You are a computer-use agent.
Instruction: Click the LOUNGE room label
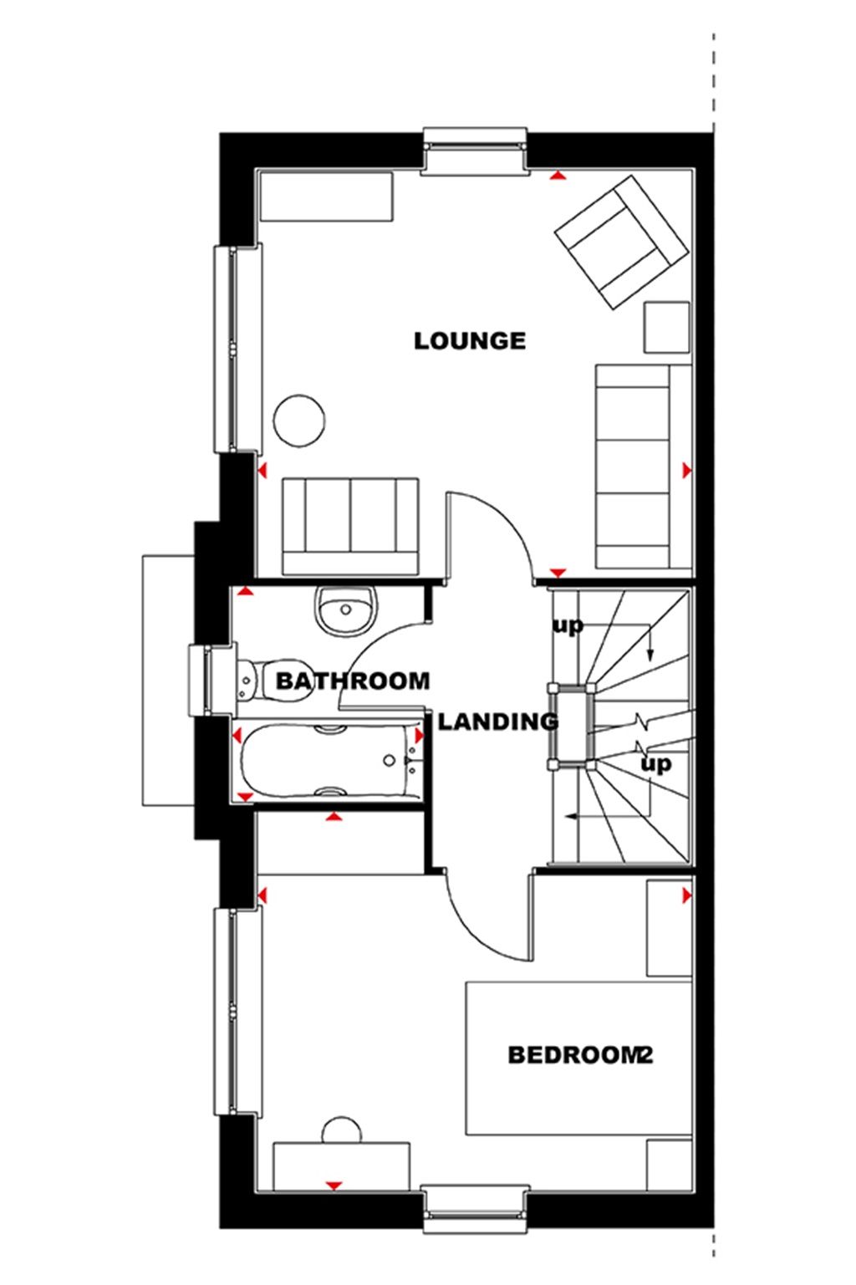[x=470, y=341]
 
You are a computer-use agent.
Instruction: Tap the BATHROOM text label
[x=352, y=681]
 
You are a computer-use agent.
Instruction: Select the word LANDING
[x=498, y=721]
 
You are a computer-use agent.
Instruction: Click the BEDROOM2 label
[x=579, y=1055]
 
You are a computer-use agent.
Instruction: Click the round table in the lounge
[x=298, y=421]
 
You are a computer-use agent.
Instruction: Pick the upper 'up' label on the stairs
[x=567, y=625]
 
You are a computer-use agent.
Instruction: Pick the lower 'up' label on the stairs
[x=655, y=764]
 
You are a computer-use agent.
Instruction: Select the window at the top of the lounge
[x=476, y=151]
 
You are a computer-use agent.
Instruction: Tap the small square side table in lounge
[x=667, y=327]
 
